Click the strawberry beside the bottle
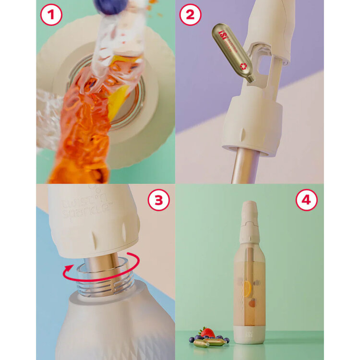207,332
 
